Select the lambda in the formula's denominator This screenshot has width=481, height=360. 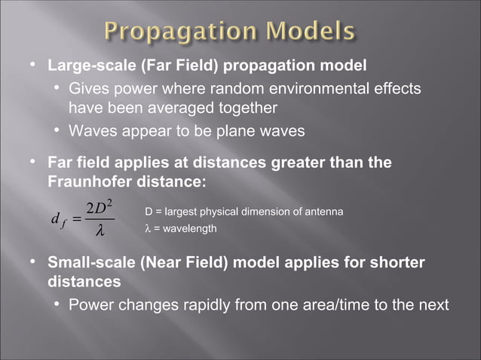point(99,231)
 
